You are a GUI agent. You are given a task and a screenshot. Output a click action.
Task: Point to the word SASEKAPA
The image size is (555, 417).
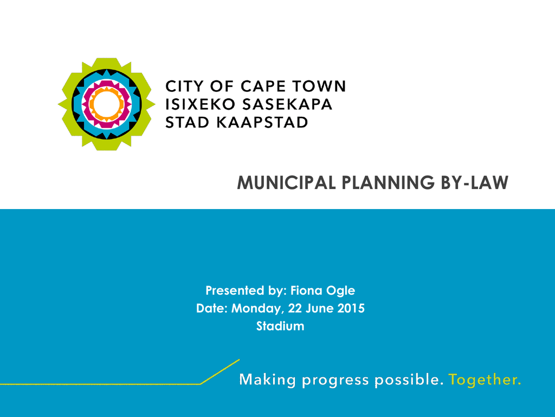(287, 104)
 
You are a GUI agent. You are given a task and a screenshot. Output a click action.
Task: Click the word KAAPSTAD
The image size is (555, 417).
(262, 122)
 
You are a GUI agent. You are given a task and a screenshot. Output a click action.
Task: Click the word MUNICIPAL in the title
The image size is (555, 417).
(286, 182)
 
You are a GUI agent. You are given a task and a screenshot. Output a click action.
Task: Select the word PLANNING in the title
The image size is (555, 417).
(388, 182)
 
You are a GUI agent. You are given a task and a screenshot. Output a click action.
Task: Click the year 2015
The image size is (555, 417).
(351, 308)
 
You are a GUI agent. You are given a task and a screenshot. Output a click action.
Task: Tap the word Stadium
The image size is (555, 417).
(280, 326)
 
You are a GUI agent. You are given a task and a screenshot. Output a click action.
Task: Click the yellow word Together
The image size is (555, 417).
(485, 380)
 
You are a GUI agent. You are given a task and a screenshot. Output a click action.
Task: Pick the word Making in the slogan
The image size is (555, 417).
(268, 380)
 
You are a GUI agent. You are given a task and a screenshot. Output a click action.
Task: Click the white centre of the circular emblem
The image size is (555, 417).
(107, 104)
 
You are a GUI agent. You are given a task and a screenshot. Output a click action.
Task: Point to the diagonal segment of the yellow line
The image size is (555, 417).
(220, 371)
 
